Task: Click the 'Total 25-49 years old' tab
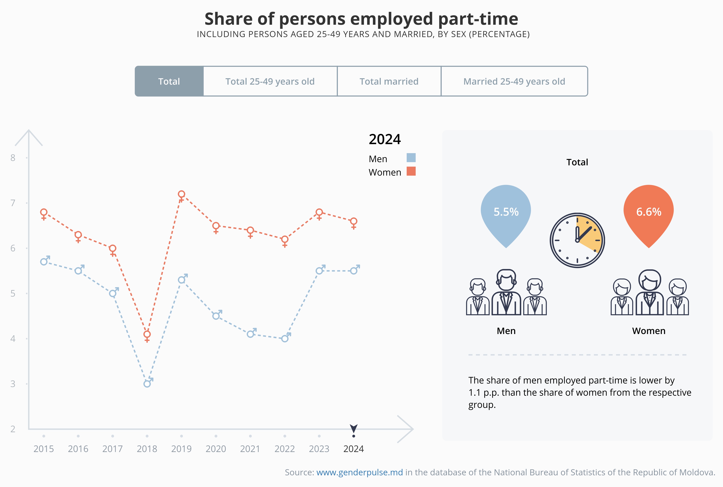(270, 81)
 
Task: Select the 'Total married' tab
(389, 81)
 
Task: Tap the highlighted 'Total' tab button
(169, 81)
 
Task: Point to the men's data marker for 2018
(147, 384)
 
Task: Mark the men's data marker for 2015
(44, 262)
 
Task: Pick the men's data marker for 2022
(285, 339)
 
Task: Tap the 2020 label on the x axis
(216, 449)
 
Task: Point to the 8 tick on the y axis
(13, 158)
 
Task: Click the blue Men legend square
(411, 158)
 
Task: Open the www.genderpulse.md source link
(359, 472)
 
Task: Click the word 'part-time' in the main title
(478, 19)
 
